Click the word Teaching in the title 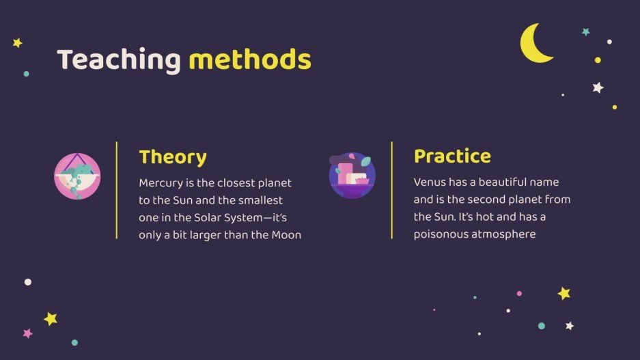pos(119,60)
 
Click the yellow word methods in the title pos(250,59)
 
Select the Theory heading pos(173,158)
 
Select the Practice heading pos(452,156)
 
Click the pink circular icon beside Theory pos(77,176)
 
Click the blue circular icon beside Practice pos(352,176)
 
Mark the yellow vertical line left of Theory pos(117,190)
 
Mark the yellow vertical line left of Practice pos(392,190)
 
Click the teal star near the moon pos(586,32)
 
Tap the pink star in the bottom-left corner pos(28,333)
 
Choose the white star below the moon pos(598,87)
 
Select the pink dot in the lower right pos(519,294)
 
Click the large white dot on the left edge pos(28,282)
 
